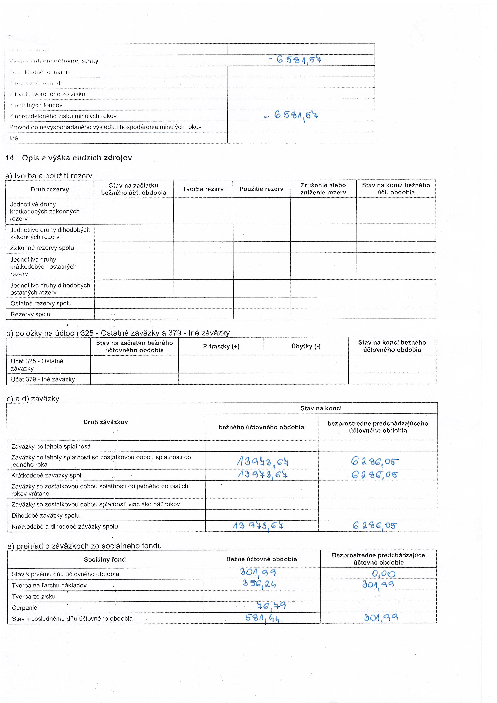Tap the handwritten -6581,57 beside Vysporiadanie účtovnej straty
[294, 59]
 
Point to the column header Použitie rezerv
[261, 189]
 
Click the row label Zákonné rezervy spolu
[42, 248]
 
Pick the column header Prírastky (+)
[221, 346]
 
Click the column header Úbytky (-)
[306, 346]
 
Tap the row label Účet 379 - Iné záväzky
[43, 379]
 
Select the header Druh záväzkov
[106, 422]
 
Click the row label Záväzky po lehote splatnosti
[51, 446]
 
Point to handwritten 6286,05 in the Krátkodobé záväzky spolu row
[374, 475]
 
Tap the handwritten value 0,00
[383, 574]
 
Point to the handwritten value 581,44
[262, 618]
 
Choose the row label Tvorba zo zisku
[34, 596]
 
